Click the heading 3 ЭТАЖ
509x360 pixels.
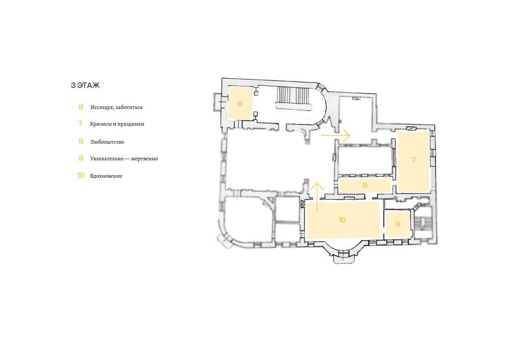pos(85,85)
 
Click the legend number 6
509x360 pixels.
pos(81,106)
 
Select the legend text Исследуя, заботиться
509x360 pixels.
pos(116,107)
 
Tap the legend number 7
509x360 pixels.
pos(80,123)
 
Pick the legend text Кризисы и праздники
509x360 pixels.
pos(117,124)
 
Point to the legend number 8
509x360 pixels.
pos(81,142)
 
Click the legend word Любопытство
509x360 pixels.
pos(107,142)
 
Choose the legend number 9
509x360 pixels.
pos(81,158)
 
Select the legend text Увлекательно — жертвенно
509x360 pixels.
pos(124,158)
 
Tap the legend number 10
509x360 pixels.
pos(80,175)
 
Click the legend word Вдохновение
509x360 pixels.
pos(106,176)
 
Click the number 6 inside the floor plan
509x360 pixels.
pos(240,104)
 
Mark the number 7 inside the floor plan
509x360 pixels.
pos(413,160)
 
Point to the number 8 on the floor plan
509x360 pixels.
pos(365,185)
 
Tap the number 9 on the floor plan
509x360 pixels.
pos(398,224)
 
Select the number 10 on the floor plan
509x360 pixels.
pos(342,220)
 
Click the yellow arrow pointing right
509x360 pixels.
pos(335,135)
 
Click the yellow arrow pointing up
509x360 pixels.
pos(317,198)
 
